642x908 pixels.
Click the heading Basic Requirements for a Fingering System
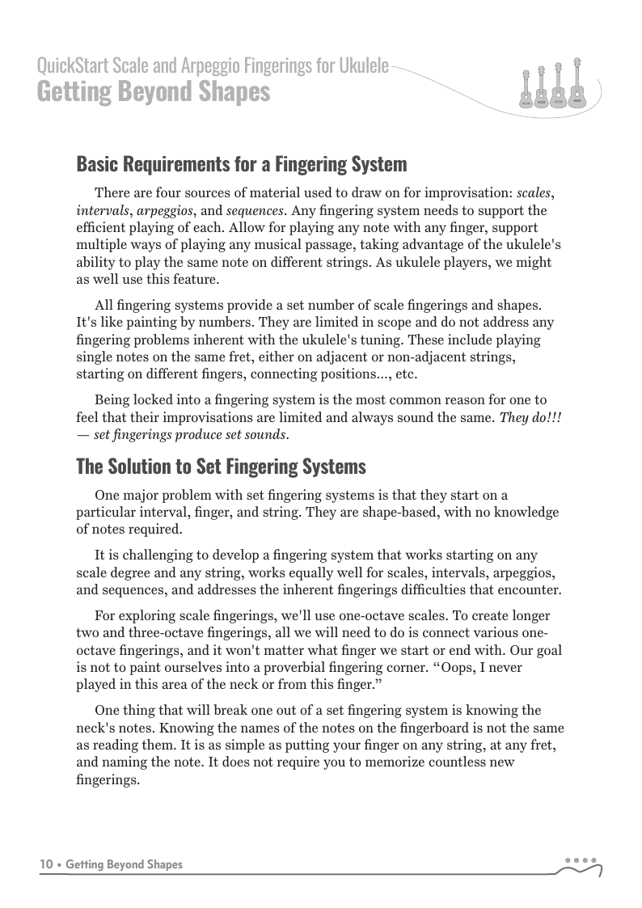click(241, 164)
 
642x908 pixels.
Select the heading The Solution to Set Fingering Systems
click(221, 467)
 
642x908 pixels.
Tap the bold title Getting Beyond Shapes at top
click(153, 92)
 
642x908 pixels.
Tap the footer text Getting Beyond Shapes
click(124, 864)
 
